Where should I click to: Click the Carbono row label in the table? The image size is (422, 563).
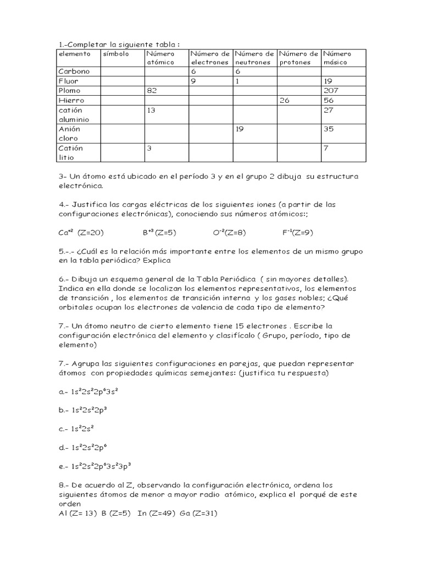pos(74,71)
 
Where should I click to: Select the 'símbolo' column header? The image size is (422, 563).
pos(115,54)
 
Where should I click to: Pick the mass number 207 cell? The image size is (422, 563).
pos(332,90)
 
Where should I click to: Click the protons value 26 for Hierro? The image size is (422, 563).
pos(285,100)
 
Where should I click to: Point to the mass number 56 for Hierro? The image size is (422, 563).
pos(330,100)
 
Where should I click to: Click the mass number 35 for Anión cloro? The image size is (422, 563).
pos(330,129)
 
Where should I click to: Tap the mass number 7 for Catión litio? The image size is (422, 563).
pos(326,148)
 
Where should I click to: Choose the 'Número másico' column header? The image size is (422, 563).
pos(337,58)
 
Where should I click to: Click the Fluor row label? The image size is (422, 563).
pos(68,81)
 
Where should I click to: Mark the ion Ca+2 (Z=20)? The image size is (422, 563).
pos(81,233)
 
